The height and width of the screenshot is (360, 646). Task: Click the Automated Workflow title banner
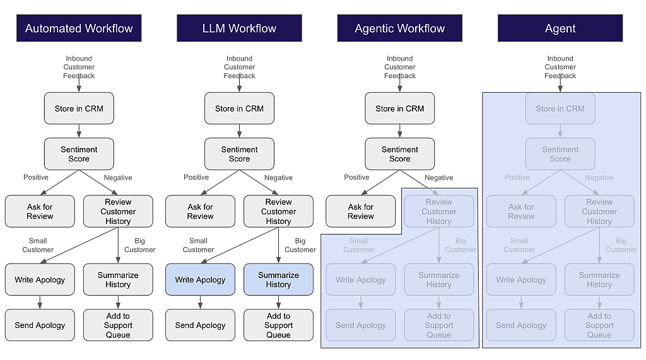(x=79, y=28)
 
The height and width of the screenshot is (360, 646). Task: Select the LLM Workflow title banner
(x=239, y=28)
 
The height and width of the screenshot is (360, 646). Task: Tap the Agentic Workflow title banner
(x=399, y=28)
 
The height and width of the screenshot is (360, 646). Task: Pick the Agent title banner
(x=560, y=28)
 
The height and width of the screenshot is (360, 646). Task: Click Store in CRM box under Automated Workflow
(x=79, y=108)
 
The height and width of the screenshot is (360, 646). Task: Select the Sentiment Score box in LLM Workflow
(x=239, y=154)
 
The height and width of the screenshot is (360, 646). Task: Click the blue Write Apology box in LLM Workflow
(x=200, y=280)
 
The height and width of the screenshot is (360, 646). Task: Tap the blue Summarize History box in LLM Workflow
(x=278, y=280)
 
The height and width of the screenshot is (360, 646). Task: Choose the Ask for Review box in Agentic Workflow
(x=360, y=211)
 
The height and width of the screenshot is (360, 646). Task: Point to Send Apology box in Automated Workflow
(x=40, y=325)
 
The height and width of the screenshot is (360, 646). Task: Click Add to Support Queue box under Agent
(x=599, y=325)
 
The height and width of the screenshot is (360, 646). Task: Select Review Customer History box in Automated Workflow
(x=118, y=211)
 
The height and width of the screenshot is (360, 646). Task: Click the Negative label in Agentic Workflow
(x=439, y=178)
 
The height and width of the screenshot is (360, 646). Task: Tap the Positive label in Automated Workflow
(x=36, y=177)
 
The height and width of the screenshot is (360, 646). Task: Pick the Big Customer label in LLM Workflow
(x=300, y=245)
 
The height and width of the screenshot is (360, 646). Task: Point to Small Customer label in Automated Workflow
(x=38, y=245)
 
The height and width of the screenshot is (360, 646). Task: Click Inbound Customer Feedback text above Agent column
(x=560, y=67)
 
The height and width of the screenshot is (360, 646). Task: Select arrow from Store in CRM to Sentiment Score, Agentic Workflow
(x=399, y=131)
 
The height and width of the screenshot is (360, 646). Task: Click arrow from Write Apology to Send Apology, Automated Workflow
(x=40, y=303)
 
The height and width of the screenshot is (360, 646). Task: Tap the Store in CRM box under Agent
(x=560, y=108)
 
